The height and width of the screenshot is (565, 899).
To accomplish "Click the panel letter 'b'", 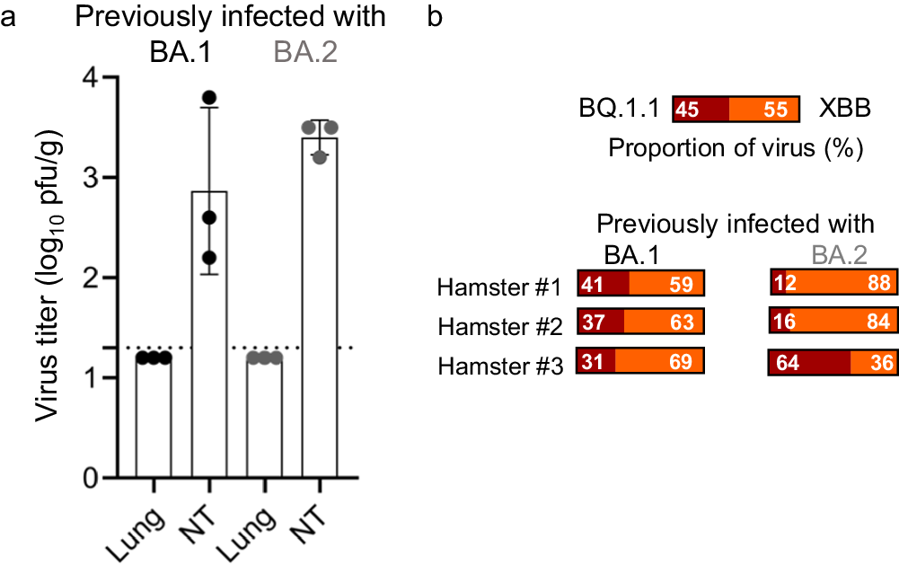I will (x=434, y=18).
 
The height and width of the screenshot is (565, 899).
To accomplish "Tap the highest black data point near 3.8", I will (x=209, y=98).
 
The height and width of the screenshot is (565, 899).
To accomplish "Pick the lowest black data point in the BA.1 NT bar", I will (x=209, y=258).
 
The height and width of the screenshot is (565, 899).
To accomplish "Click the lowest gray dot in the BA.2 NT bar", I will (x=320, y=156).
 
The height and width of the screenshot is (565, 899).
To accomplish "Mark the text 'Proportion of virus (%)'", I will (x=736, y=147).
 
